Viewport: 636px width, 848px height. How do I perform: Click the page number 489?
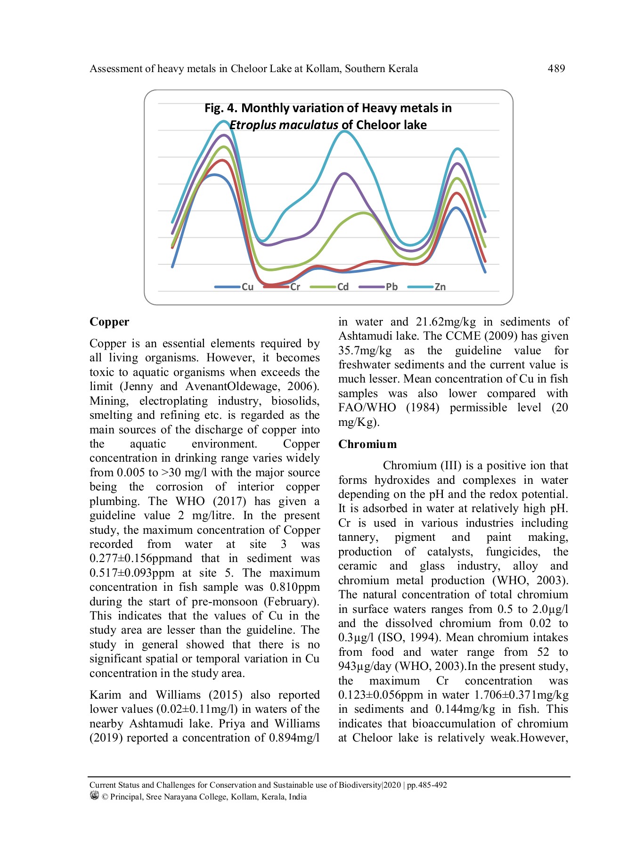[x=556, y=69]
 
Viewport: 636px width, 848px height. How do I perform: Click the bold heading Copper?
[x=109, y=322]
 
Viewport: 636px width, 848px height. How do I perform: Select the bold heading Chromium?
[x=367, y=444]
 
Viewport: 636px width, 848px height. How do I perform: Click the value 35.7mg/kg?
[x=365, y=351]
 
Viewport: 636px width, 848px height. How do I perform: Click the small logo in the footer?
[x=94, y=796]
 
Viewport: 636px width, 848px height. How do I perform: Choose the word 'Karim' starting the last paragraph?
[x=105, y=695]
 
